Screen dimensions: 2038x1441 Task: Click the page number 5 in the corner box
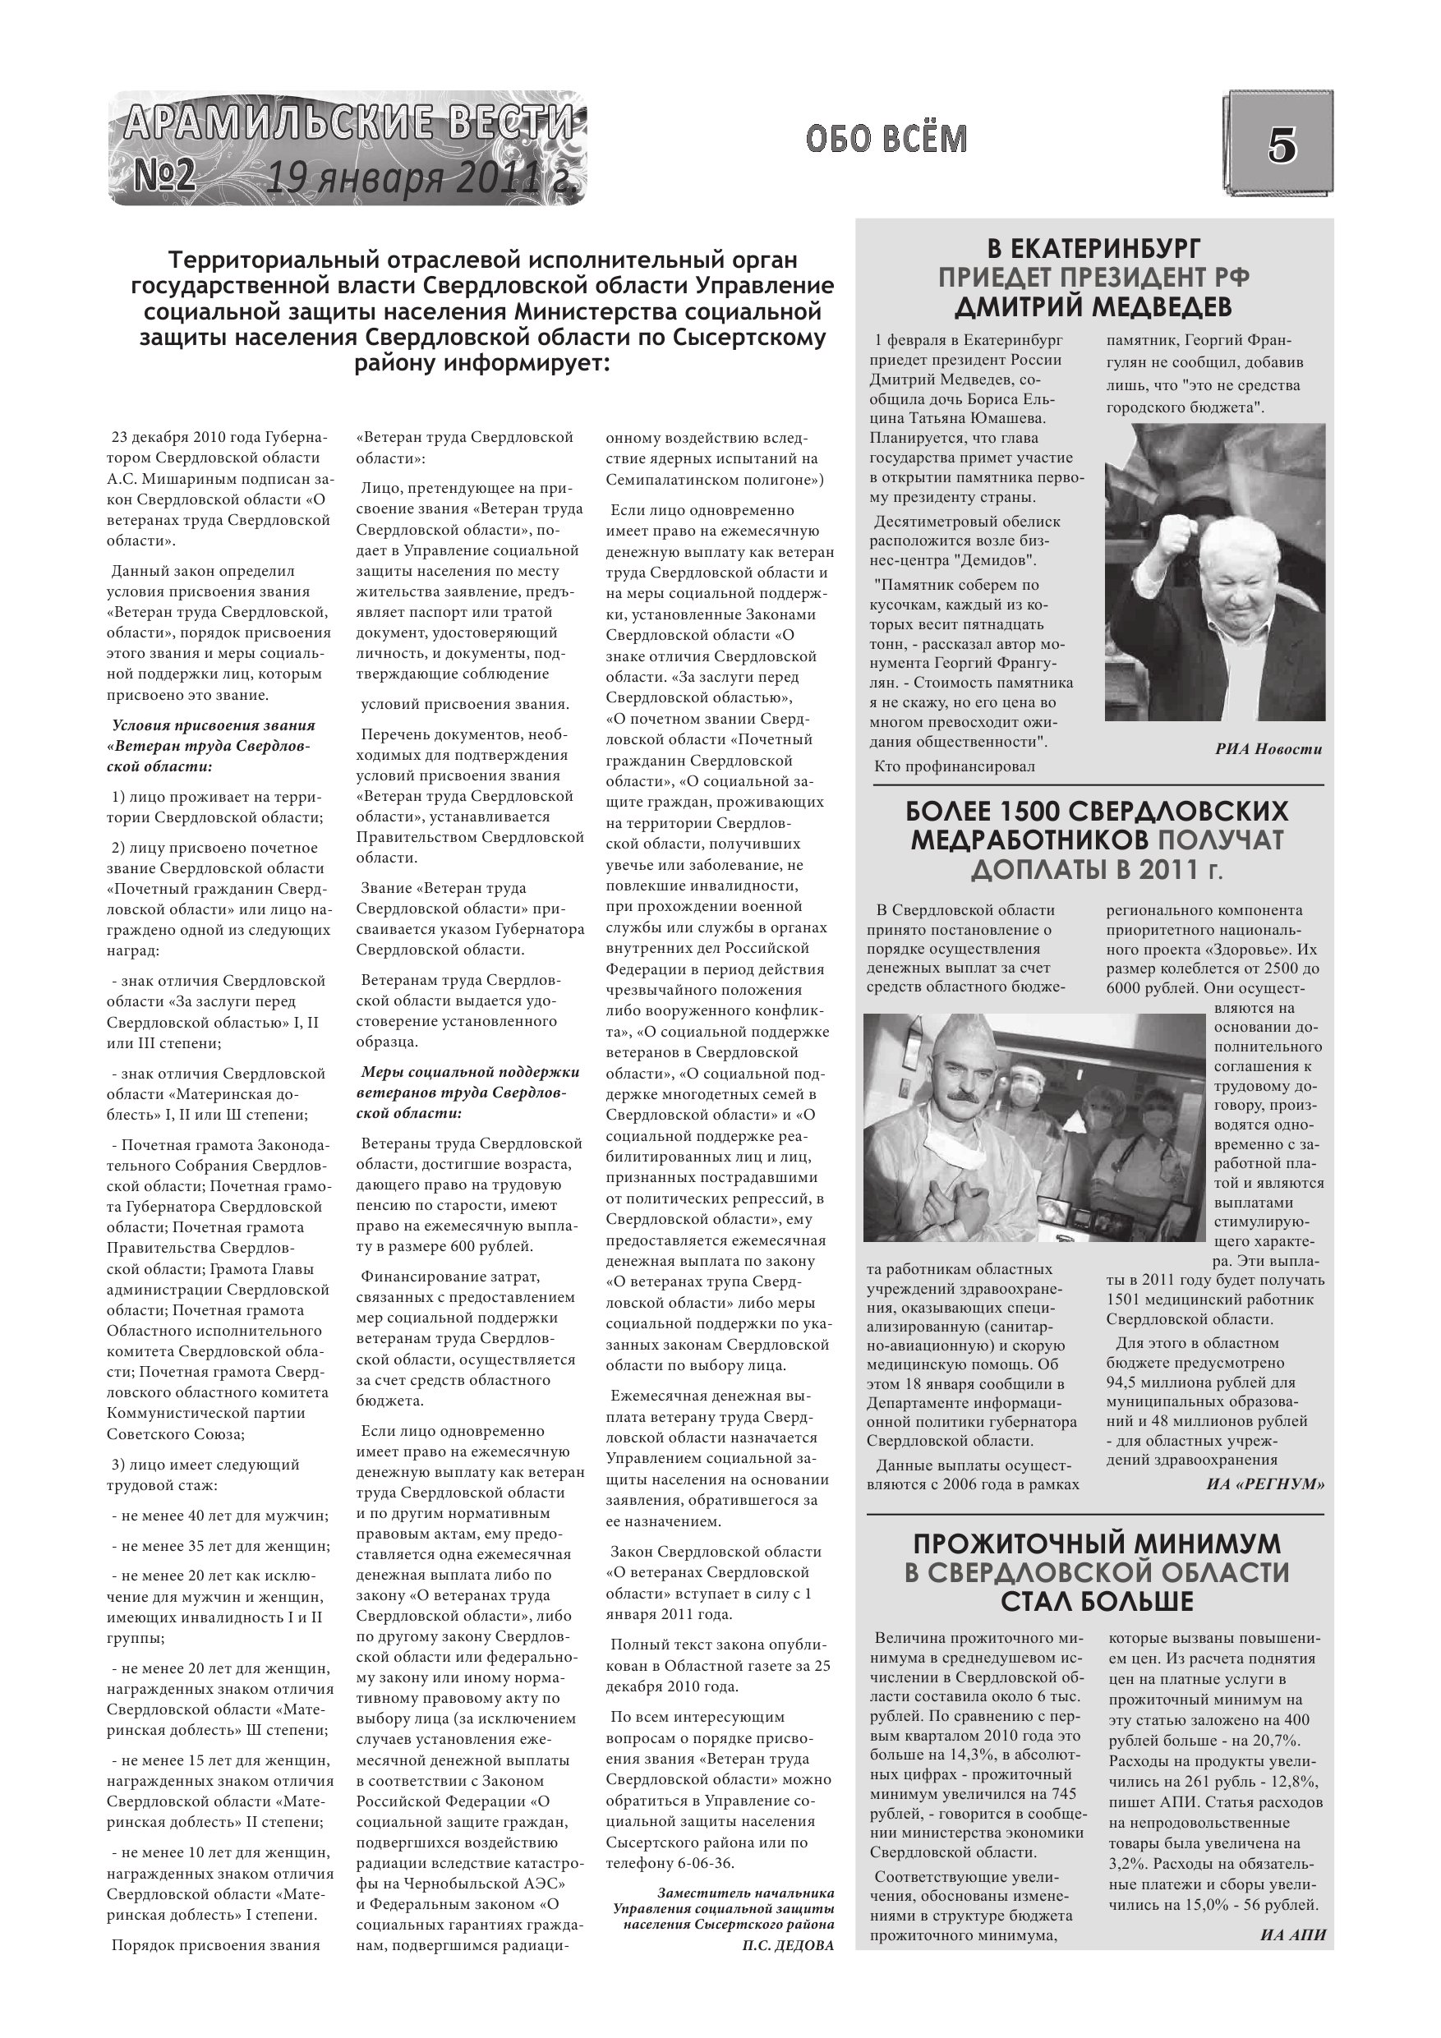(x=1280, y=145)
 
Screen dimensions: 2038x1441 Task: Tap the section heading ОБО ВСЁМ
(x=886, y=140)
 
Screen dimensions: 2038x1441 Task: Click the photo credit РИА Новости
(x=1268, y=749)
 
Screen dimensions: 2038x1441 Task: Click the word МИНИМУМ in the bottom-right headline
(x=1196, y=1543)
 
